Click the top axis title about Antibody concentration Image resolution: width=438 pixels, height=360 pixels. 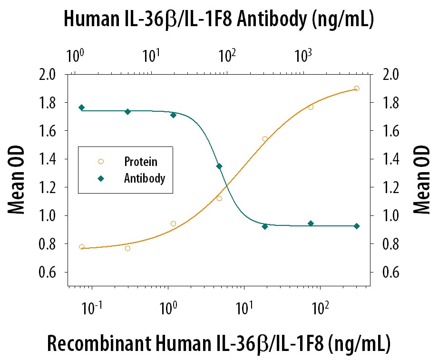coord(218,19)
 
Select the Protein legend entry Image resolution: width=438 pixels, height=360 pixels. coord(140,162)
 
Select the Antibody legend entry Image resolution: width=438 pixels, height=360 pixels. coord(144,179)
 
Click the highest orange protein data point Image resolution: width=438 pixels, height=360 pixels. coord(357,88)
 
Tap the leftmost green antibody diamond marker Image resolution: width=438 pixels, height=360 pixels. coord(82,107)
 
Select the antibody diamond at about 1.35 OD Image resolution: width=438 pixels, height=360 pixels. coord(219,166)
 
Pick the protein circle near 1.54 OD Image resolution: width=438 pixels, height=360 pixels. coord(265,139)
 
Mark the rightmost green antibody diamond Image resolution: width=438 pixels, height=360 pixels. coord(357,226)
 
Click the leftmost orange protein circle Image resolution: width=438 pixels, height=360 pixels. coord(82,247)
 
